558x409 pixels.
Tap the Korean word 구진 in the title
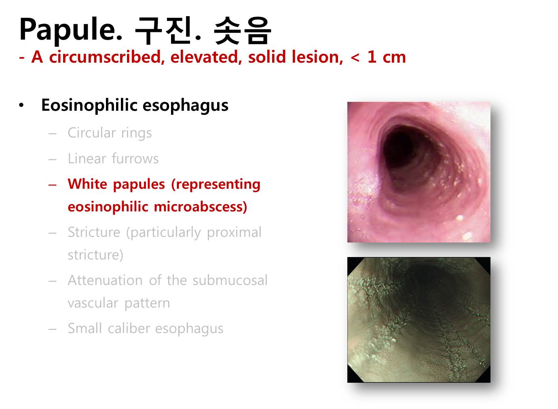pyautogui.click(x=164, y=30)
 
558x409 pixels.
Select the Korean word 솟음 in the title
pyautogui.click(x=242, y=30)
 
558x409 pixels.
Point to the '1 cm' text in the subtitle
pyautogui.click(x=387, y=57)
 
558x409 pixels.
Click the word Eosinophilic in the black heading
pyautogui.click(x=89, y=105)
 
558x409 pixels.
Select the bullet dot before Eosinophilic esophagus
pyautogui.click(x=21, y=105)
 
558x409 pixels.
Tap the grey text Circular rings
pyautogui.click(x=110, y=133)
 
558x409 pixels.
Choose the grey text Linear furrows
pyautogui.click(x=113, y=158)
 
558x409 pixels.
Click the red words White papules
pyautogui.click(x=116, y=184)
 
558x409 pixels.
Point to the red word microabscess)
pyautogui.click(x=201, y=207)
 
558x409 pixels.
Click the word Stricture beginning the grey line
pyautogui.click(x=94, y=232)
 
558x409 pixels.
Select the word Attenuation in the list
pyautogui.click(x=105, y=280)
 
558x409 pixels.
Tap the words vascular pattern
pyautogui.click(x=119, y=303)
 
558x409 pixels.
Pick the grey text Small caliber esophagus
pyautogui.click(x=146, y=328)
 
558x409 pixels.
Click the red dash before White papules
pyautogui.click(x=52, y=185)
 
